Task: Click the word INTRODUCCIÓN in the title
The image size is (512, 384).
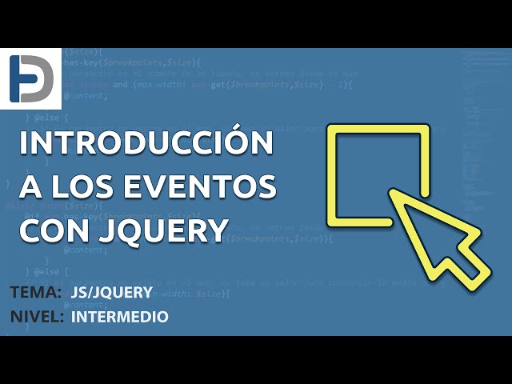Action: tap(144, 144)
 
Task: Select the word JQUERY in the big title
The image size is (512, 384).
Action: tap(161, 230)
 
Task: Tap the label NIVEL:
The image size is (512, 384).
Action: tap(38, 317)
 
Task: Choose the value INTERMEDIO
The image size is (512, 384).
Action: tap(120, 317)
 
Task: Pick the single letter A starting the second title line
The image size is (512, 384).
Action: tap(30, 187)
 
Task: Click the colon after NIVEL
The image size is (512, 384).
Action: tap(62, 318)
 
